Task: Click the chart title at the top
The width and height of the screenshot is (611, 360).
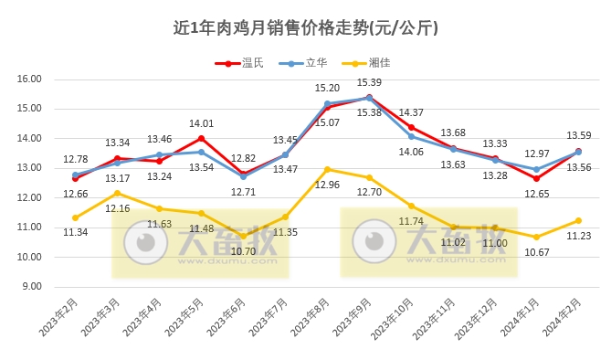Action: click(x=305, y=27)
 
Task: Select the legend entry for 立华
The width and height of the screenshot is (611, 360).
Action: click(x=315, y=63)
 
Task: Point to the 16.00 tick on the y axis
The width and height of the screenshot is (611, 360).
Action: click(x=30, y=79)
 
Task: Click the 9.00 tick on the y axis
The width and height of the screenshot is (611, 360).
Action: click(x=33, y=286)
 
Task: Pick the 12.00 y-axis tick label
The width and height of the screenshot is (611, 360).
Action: click(x=30, y=197)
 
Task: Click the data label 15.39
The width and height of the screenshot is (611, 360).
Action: click(x=369, y=83)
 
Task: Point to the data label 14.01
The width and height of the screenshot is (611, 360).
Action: click(x=200, y=124)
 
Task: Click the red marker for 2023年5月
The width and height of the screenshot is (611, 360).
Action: click(x=201, y=139)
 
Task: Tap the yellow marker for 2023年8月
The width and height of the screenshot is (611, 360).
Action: click(x=327, y=169)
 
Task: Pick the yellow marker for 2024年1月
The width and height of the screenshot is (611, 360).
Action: click(x=537, y=237)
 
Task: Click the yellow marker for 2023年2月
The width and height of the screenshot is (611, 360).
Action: click(x=75, y=217)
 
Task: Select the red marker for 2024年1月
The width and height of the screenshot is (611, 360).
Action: click(x=537, y=178)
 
